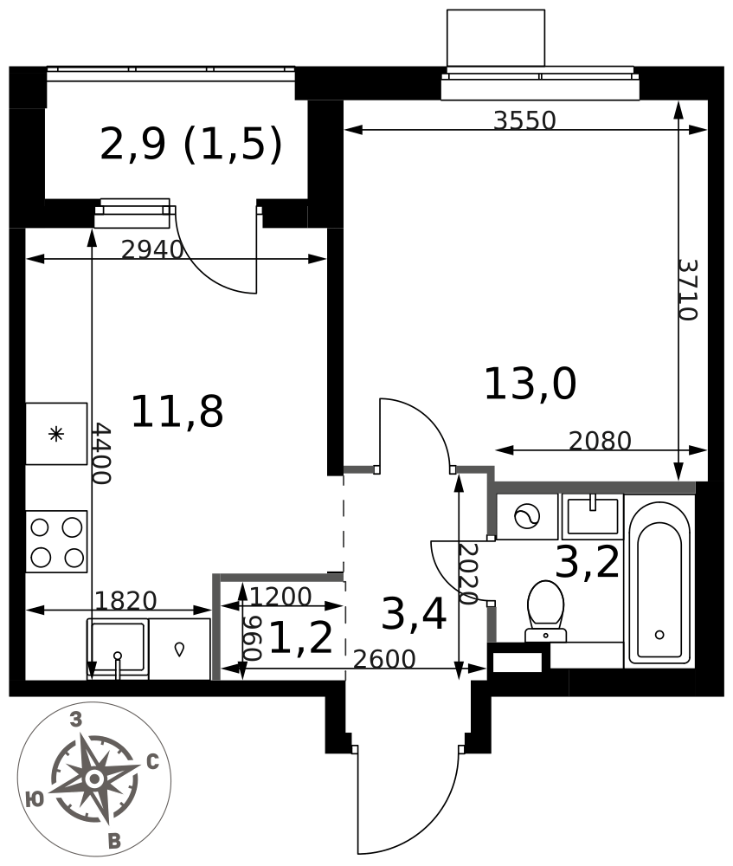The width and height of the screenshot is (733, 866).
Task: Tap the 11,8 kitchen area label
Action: pos(177,411)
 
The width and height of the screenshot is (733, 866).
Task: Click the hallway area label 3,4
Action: pos(414,614)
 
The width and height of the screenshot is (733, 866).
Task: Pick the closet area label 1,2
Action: pos(301,638)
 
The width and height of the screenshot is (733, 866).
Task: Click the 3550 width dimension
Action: pos(524,120)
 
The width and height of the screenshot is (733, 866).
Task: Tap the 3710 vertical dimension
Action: pos(688,290)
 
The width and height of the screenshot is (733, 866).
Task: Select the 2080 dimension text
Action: pos(600,441)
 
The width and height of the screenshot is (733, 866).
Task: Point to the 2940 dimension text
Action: pos(151,249)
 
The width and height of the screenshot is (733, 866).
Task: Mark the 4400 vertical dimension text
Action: pos(101,454)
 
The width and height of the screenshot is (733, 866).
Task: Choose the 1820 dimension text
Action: pos(125,600)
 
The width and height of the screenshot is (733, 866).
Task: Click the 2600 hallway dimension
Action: pos(384,659)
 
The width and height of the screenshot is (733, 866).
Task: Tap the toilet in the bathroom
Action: pos(546,611)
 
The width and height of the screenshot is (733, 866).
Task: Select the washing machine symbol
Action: pos(527,517)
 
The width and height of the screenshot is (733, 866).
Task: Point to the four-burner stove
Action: pos(56,542)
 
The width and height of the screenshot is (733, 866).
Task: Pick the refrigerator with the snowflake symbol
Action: pos(56,434)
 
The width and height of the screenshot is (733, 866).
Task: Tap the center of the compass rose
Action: pos(94,779)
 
